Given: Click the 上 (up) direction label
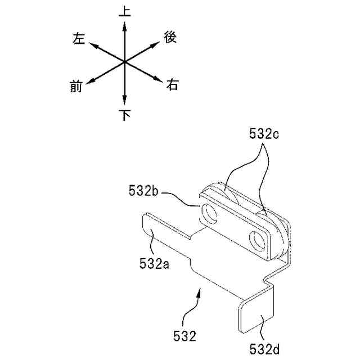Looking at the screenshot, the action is [125, 11].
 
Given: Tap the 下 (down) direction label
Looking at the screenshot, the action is [125, 115].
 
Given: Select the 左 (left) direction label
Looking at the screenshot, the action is [79, 38].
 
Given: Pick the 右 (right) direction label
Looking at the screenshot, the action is [172, 85].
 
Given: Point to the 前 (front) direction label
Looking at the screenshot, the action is [76, 87].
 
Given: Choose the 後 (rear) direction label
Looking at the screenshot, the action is [170, 38].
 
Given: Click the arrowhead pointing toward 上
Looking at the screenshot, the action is [124, 26].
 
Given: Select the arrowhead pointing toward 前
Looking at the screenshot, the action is [91, 81].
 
